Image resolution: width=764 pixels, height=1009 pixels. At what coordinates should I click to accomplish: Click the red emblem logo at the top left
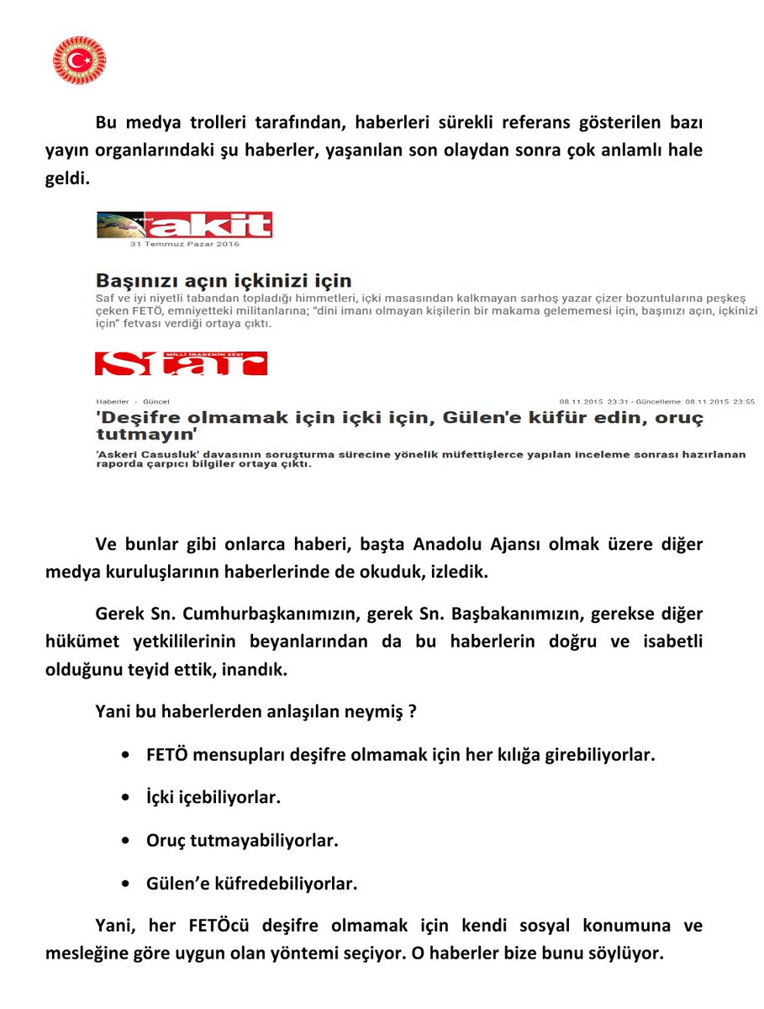click(x=79, y=60)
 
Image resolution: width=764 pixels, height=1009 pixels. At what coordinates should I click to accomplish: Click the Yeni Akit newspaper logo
click(x=185, y=225)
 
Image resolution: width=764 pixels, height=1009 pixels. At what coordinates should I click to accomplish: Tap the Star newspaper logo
click(x=181, y=363)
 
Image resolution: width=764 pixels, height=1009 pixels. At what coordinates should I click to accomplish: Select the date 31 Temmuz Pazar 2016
click(x=185, y=245)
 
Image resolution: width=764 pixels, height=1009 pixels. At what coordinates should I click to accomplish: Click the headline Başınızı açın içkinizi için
click(x=224, y=280)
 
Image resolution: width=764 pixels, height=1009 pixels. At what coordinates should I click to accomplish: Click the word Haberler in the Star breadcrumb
click(x=113, y=402)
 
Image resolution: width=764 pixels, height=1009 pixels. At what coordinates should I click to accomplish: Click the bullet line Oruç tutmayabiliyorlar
click(x=242, y=840)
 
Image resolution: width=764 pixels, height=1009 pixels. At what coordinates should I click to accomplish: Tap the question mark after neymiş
click(x=413, y=711)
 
